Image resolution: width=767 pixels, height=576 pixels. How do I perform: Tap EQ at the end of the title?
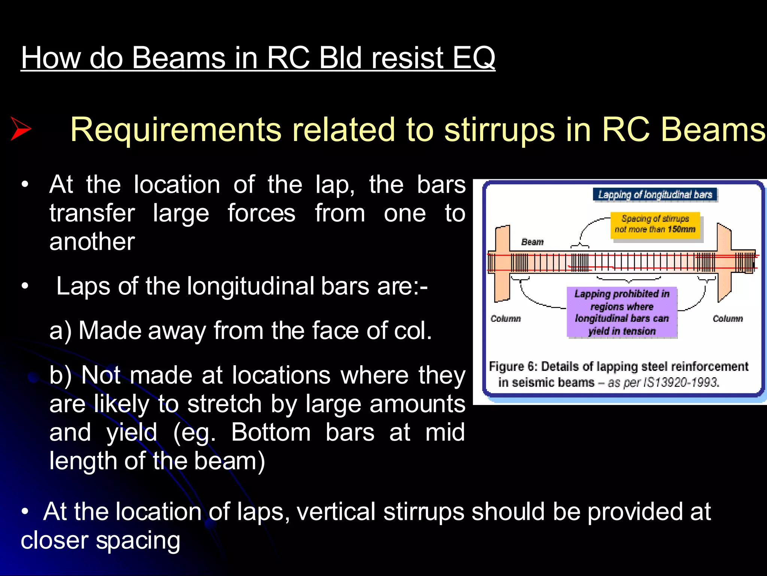473,58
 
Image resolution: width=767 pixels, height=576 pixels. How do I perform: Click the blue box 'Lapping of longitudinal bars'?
655,195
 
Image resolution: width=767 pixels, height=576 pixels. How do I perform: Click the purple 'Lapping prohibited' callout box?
622,312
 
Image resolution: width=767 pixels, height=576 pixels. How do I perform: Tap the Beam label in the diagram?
532,242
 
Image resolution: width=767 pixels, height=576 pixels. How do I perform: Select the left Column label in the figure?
506,318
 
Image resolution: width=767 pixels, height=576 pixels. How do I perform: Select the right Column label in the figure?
727,318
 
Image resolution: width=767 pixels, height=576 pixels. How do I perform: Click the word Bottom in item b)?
271,432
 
